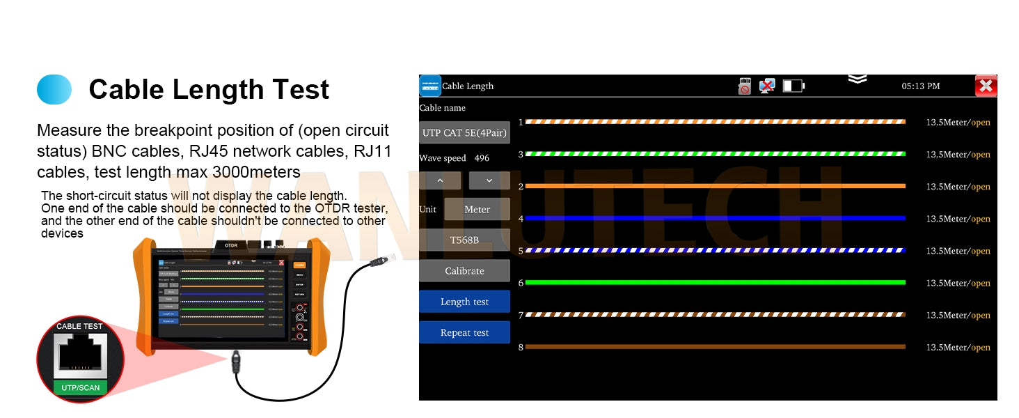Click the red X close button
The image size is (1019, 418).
(986, 86)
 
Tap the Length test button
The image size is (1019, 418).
(464, 302)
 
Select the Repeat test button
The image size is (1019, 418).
(464, 332)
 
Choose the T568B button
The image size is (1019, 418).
(464, 240)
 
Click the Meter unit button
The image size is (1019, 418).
(477, 209)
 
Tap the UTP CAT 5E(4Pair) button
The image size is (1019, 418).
(464, 132)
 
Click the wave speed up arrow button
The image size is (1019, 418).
(440, 180)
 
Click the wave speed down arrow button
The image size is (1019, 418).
(489, 180)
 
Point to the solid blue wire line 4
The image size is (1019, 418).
(716, 218)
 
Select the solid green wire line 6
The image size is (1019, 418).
(716, 282)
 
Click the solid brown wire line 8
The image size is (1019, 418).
(716, 346)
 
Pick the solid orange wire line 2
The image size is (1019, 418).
(716, 186)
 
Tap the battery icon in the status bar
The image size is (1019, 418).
(793, 86)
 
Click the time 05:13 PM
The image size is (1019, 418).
(921, 86)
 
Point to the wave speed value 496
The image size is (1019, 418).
(482, 158)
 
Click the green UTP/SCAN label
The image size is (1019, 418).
(80, 387)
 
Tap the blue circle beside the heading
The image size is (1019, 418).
(54, 90)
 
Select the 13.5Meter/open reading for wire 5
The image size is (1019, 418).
(958, 251)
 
